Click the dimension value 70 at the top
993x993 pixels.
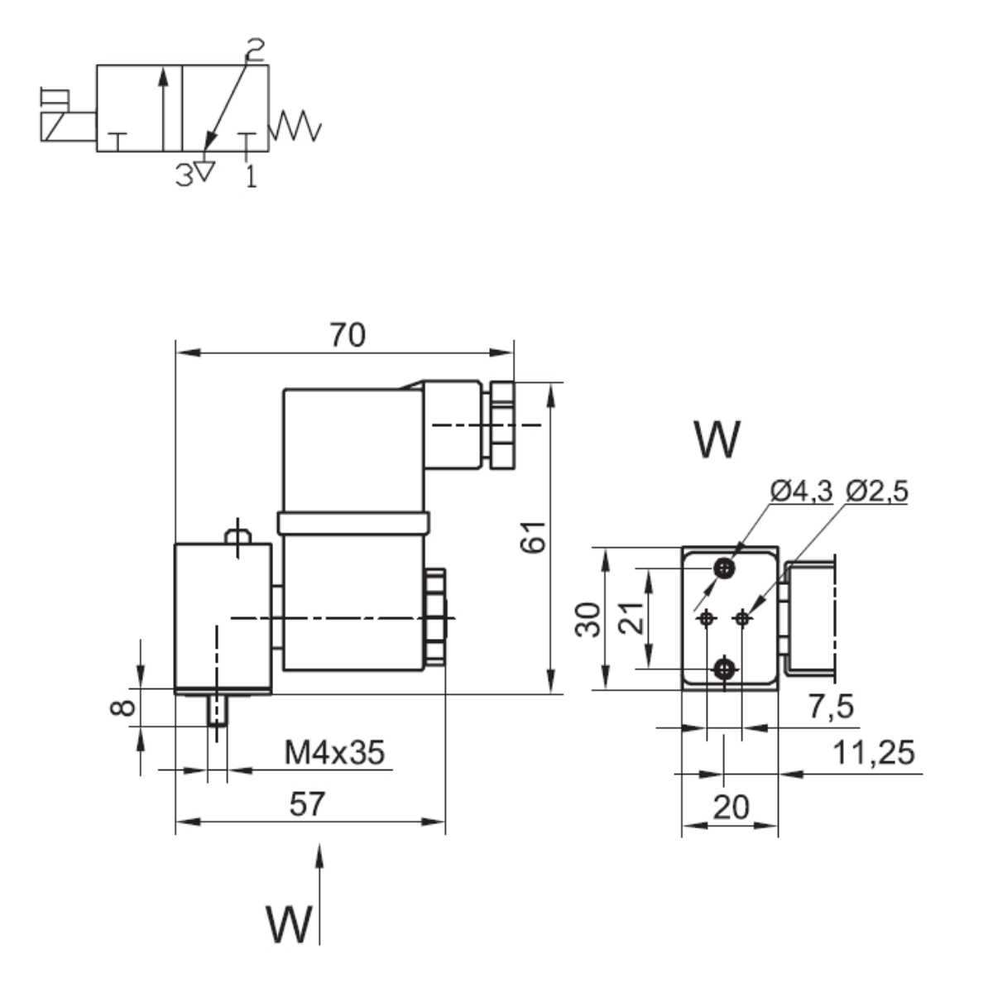coord(348,335)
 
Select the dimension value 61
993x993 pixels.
coord(535,537)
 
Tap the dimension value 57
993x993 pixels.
coord(308,804)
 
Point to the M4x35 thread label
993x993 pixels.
coord(335,753)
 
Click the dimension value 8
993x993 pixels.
coord(122,708)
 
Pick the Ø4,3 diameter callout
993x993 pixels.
coord(799,491)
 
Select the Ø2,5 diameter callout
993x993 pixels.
coord(877,491)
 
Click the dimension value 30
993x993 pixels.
coord(588,619)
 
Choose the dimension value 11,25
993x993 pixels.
coord(874,753)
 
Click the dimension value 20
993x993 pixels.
coord(730,806)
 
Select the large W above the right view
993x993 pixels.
coord(717,439)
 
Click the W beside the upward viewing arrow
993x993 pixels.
coord(289,924)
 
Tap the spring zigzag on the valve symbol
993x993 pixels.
coord(295,126)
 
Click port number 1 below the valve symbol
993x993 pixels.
coord(251,175)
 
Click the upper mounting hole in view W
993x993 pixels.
coord(726,568)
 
